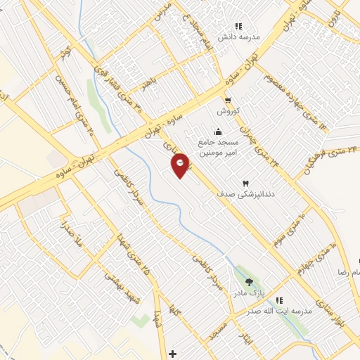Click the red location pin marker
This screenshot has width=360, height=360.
point(181,165)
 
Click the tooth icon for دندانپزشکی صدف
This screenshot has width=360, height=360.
point(246,184)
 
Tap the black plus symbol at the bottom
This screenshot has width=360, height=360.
point(173,353)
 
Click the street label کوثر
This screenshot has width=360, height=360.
point(67,51)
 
